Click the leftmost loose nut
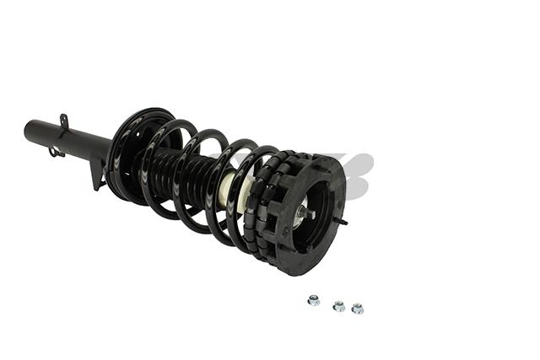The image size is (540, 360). point(313,299)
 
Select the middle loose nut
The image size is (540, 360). point(338,305)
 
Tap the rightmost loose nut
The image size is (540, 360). point(357,308)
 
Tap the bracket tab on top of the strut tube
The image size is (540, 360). point(63,122)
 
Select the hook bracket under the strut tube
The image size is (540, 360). point(57,153)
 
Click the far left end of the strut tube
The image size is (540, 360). point(28,131)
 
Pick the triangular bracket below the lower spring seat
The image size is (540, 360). point(99,174)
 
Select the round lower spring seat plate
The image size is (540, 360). point(127,156)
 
